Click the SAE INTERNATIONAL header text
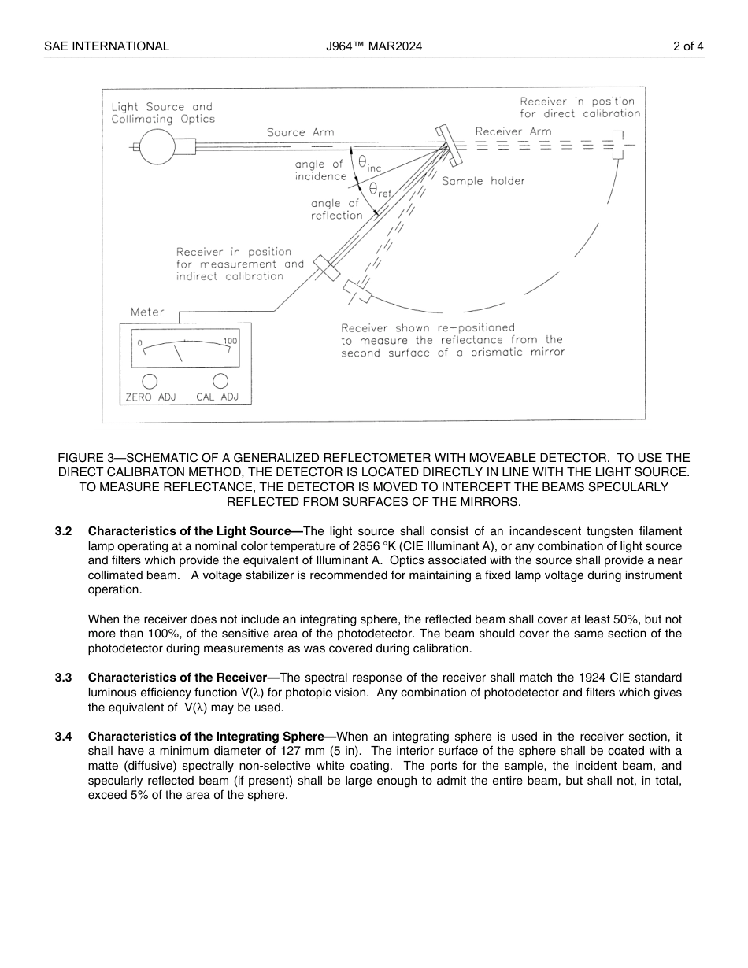pos(106,46)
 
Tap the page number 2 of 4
pos(688,46)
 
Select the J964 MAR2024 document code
pos(374,46)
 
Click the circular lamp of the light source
pos(157,146)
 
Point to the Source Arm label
pos(300,132)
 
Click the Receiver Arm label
pos(513,131)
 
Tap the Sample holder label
pos(483,181)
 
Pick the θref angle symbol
pos(379,190)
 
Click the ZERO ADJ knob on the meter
pos(150,381)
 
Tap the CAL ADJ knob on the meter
pos(220,381)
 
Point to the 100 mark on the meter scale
pos(230,342)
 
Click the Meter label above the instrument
pos(147,312)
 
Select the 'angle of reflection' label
pos(336,209)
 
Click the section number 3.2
pos(64,532)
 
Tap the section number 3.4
pos(64,737)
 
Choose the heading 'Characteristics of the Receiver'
pos(183,678)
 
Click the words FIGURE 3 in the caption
pos(86,458)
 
